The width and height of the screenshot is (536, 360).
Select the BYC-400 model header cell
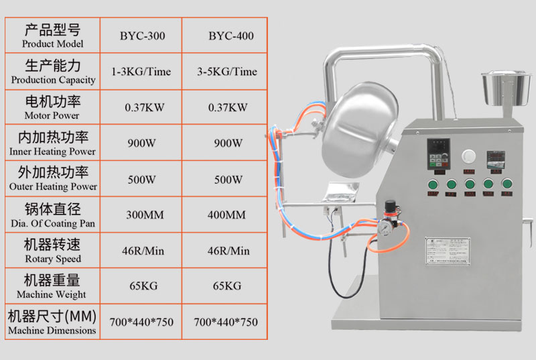[x=230, y=36]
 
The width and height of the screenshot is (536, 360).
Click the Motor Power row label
[x=52, y=107]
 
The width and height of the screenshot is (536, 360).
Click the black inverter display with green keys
[x=438, y=154]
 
